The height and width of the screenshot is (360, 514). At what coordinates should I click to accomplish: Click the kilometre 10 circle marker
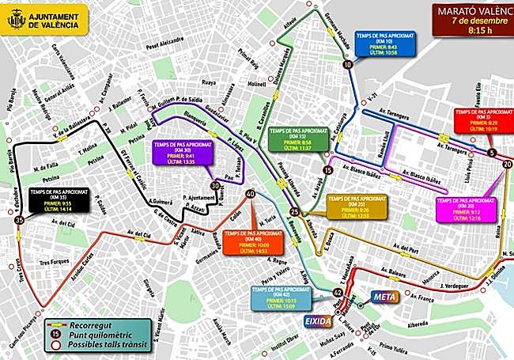point(348,66)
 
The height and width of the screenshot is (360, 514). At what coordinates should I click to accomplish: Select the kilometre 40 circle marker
point(251,194)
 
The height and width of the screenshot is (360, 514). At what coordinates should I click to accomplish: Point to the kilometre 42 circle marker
point(338,292)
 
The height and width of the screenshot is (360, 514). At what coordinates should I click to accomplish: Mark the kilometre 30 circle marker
point(215,187)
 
